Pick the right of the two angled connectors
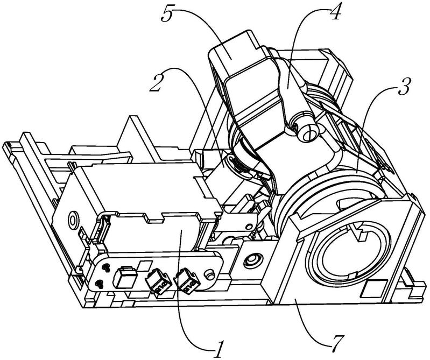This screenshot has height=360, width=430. pyautogui.click(x=185, y=280)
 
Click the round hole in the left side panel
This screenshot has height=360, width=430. pyautogui.click(x=72, y=221)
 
